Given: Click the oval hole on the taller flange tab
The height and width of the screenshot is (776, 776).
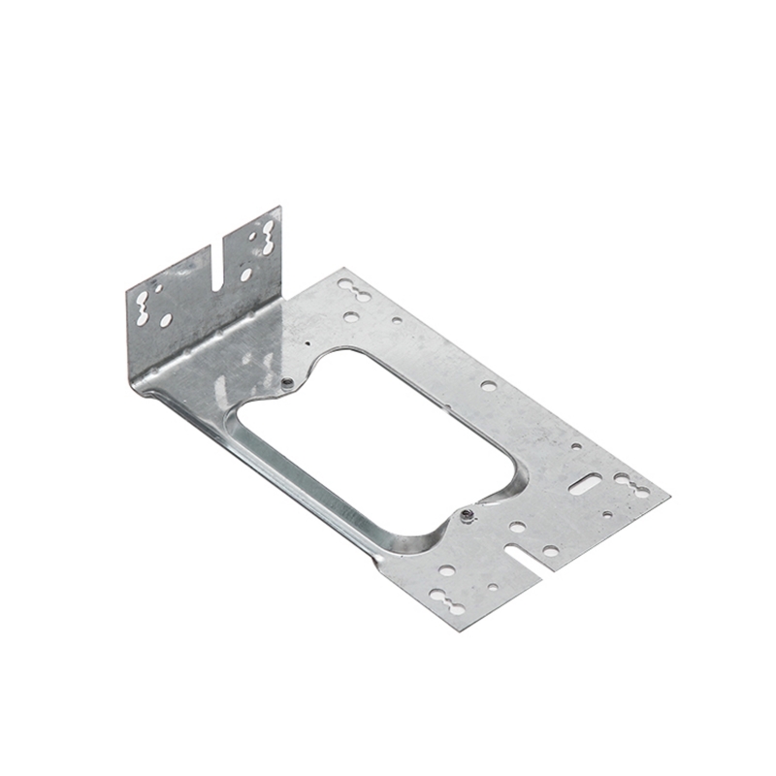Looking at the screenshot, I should [x=245, y=275].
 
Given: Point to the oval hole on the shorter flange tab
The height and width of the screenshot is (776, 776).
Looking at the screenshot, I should [x=166, y=319].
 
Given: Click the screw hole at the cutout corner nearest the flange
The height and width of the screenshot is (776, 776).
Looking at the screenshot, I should [x=287, y=384].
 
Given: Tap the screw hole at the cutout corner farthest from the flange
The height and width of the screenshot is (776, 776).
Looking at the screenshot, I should [x=467, y=515].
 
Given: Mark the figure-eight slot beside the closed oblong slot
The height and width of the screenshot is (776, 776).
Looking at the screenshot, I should [x=631, y=485].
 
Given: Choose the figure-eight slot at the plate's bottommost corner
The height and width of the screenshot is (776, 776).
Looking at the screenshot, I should [x=447, y=600].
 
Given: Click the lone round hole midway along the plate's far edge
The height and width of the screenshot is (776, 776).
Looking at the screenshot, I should [x=488, y=385].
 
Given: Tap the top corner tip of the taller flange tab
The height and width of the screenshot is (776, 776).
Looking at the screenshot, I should [x=279, y=208].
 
